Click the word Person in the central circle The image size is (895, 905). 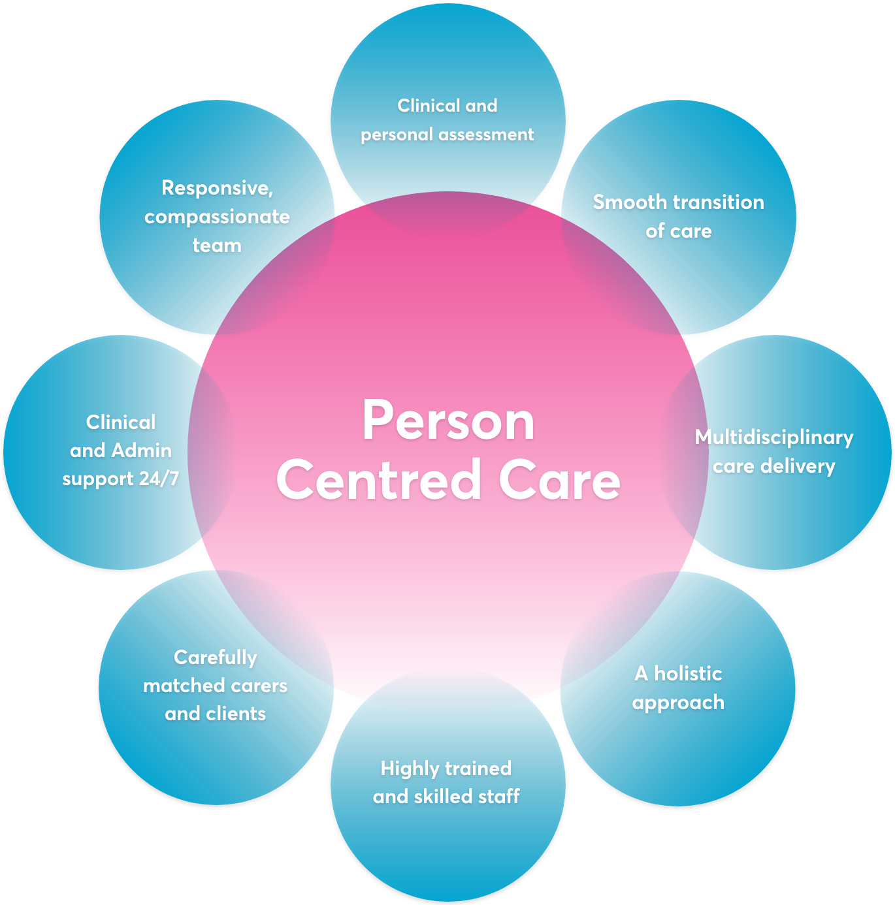(448, 421)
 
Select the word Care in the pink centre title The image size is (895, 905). (559, 480)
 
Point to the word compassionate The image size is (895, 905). (217, 217)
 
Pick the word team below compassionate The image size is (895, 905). (217, 246)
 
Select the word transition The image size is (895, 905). (721, 202)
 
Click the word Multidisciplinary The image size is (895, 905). (773, 437)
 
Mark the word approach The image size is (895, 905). (678, 703)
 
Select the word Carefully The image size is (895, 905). (216, 658)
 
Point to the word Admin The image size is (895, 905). (142, 451)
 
